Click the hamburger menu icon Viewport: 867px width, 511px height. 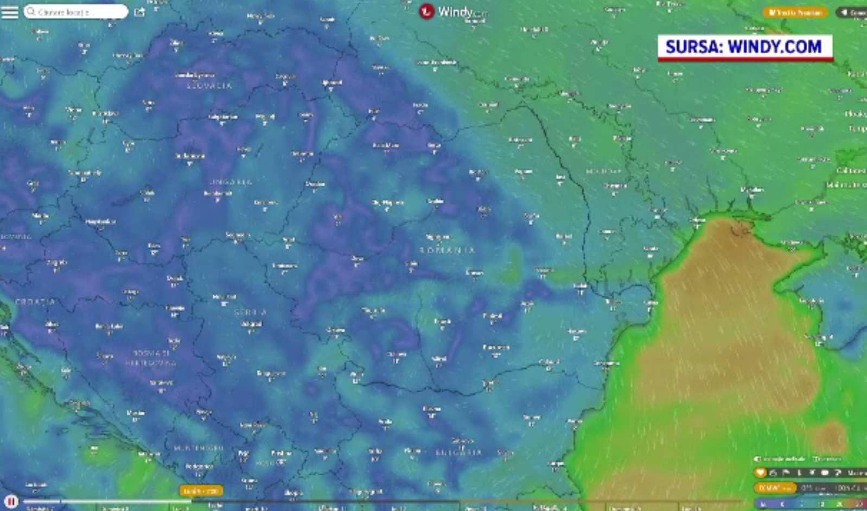(10, 12)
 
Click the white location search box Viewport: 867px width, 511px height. (75, 11)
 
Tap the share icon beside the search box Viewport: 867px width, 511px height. (139, 12)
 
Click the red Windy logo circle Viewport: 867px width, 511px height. (426, 11)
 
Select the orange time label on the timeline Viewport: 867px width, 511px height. (201, 491)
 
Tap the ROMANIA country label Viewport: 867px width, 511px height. (448, 250)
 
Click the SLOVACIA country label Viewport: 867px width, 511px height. (209, 86)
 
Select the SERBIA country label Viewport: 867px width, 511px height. (250, 312)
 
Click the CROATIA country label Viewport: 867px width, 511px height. (35, 302)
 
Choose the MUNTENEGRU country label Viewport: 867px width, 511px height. (199, 448)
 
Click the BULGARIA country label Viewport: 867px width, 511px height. (458, 452)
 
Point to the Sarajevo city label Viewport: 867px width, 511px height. (161, 382)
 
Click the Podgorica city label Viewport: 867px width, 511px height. (199, 466)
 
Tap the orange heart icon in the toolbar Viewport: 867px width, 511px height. (761, 473)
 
